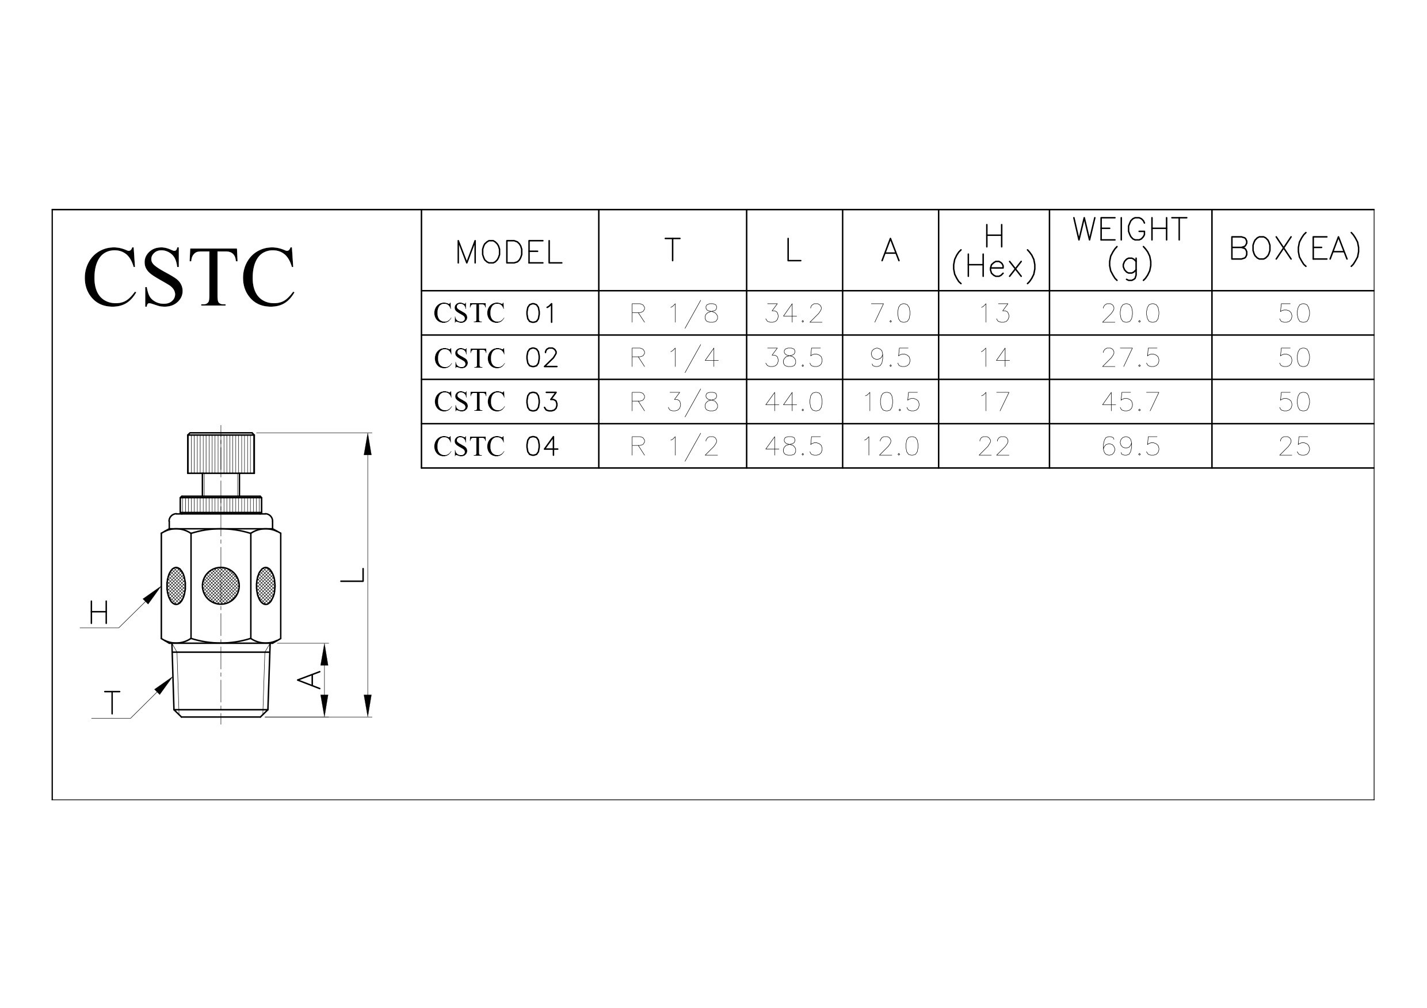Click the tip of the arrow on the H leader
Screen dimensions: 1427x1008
point(161,586)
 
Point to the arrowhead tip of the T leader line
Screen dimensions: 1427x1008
point(172,677)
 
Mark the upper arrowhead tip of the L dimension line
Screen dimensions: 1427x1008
point(367,433)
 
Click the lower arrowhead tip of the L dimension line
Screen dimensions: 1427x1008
point(367,717)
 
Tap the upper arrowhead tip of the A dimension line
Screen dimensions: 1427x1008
point(324,644)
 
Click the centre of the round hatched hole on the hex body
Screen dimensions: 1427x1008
point(220,585)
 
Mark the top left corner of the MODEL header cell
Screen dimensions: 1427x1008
point(421,209)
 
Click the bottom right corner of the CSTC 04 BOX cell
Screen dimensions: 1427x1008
point(1374,468)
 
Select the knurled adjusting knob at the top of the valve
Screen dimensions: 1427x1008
point(220,453)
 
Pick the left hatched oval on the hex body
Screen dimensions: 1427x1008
point(176,585)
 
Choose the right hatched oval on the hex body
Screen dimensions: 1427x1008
point(265,585)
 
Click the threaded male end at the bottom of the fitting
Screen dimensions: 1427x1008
point(220,681)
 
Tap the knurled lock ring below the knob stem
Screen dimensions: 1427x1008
point(220,505)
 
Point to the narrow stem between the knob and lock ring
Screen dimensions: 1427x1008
point(220,485)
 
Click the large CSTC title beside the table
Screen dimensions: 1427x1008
point(189,277)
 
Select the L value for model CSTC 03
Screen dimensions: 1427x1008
point(794,402)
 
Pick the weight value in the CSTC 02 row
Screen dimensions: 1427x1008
point(1131,358)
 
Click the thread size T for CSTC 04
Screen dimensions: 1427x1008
point(674,447)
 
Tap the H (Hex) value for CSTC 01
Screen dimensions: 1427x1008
point(994,313)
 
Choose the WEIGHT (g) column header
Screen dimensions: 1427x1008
point(1130,247)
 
